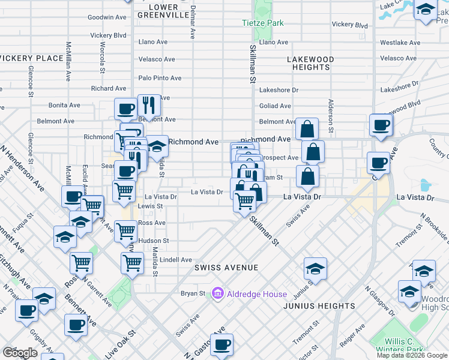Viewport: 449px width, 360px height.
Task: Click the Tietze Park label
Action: pos(262,23)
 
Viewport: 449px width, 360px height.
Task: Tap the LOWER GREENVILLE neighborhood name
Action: pos(158,11)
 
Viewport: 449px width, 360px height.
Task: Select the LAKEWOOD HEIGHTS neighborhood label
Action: pos(310,64)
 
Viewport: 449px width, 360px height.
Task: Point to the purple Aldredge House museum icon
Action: pos(217,293)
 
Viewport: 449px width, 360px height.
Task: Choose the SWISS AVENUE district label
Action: pos(226,268)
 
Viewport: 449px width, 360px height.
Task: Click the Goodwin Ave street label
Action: pos(107,17)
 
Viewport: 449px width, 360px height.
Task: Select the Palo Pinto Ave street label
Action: pos(160,78)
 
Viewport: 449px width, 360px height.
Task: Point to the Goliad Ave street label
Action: pos(275,106)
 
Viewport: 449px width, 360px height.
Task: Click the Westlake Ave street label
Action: pos(399,43)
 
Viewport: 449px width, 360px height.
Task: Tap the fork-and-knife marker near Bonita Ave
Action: pos(148,105)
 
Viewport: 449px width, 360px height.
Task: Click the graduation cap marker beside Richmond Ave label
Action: pos(157,146)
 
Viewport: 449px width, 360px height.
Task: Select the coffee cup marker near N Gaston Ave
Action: pos(221,344)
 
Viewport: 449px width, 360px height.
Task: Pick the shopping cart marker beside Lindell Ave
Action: pos(132,262)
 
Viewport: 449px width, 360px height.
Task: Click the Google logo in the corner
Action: pos(20,353)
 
